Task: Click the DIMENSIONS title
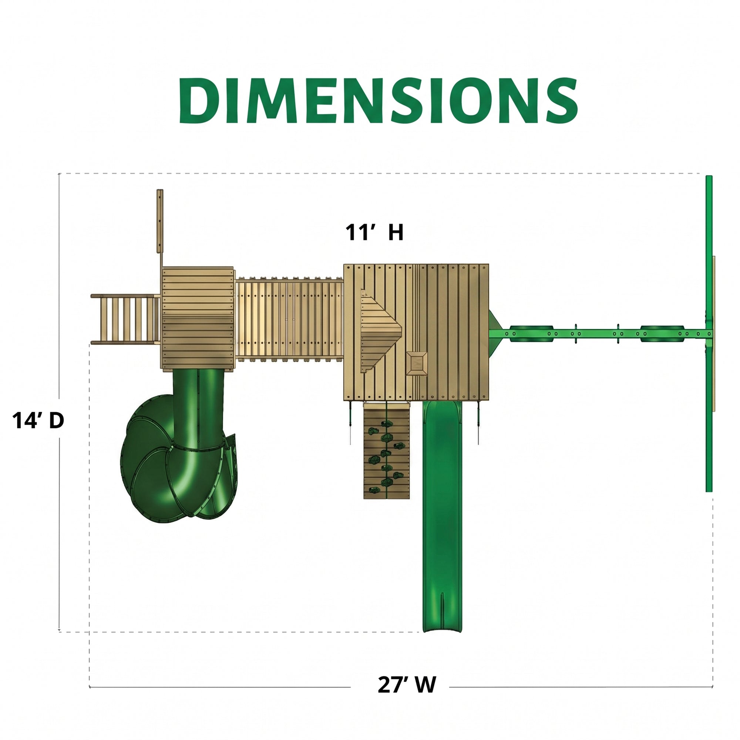(x=378, y=100)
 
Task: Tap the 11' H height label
(x=374, y=232)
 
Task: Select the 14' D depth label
(x=38, y=420)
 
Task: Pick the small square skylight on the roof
(x=417, y=363)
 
